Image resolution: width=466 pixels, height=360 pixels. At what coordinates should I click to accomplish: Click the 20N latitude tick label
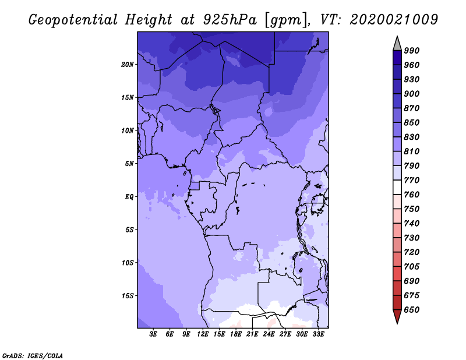(128, 65)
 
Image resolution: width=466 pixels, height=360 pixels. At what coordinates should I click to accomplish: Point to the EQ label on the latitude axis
(129, 197)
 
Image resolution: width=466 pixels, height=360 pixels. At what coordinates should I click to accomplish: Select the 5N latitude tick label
(129, 164)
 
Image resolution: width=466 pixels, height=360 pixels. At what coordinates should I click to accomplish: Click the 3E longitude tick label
(153, 334)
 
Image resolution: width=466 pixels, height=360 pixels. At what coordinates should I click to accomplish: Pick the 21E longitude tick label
(252, 334)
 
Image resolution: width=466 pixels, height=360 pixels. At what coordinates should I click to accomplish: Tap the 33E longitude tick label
(318, 334)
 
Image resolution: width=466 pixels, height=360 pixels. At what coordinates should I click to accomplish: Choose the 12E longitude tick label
(203, 334)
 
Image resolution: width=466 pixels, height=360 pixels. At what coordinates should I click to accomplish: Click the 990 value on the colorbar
(412, 51)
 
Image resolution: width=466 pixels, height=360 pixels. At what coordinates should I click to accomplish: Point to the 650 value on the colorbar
(412, 310)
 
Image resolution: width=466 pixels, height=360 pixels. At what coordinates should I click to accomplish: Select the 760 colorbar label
(412, 195)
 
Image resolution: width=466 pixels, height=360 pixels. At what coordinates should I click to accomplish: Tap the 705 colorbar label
(412, 266)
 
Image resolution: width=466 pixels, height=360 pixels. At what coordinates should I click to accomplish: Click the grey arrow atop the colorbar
(397, 44)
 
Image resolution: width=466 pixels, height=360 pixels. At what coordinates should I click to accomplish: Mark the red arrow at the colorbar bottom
(397, 316)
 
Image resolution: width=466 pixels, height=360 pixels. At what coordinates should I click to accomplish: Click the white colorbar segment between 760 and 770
(397, 188)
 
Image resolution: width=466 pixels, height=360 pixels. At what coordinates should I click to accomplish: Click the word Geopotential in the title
(73, 20)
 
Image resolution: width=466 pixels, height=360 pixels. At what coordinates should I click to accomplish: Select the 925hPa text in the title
(230, 20)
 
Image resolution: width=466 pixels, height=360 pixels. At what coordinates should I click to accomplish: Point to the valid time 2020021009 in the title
(394, 20)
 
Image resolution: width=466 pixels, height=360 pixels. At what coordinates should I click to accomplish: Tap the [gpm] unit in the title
(287, 20)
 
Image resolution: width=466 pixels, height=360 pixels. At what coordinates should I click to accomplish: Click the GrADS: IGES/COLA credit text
(33, 356)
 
